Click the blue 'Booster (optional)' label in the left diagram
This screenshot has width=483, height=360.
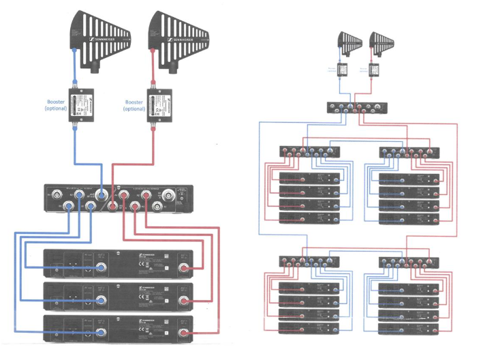57,105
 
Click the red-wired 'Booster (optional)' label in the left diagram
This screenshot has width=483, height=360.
134,105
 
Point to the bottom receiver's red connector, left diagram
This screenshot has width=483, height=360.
183,333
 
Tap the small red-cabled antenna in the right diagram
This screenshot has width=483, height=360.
379,44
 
